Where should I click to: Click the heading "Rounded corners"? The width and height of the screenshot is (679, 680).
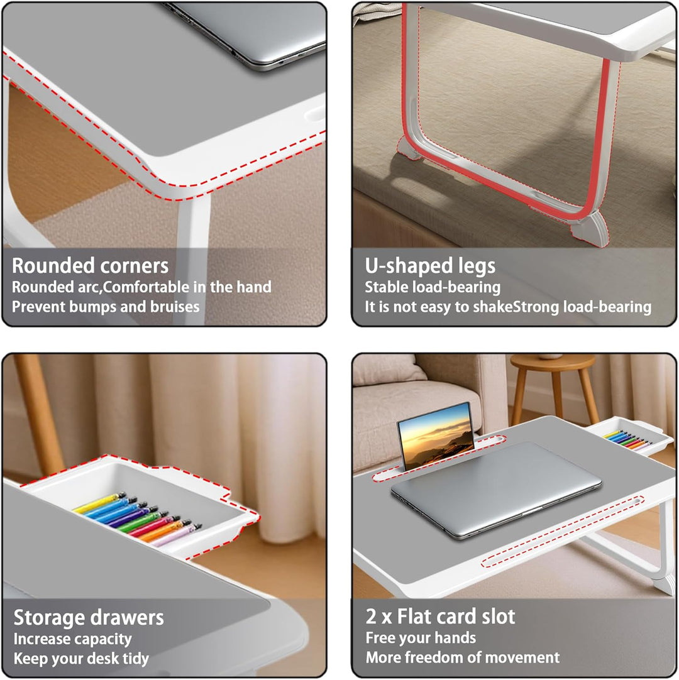tap(90, 265)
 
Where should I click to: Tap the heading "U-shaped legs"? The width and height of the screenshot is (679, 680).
tap(429, 266)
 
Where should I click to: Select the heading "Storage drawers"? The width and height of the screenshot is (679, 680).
tap(89, 617)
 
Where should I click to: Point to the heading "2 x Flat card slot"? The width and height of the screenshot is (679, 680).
tap(440, 617)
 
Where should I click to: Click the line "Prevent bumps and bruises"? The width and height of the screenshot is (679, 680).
tap(106, 307)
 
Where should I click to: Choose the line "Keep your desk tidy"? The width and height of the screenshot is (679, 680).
tap(81, 658)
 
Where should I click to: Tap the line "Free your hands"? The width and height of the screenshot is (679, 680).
tap(421, 637)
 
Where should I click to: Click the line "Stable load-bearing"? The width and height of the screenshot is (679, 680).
tap(432, 287)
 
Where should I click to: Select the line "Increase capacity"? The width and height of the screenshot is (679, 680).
tap(72, 639)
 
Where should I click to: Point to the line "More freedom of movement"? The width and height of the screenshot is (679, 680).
tap(463, 657)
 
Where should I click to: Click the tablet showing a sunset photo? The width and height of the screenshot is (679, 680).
tap(436, 436)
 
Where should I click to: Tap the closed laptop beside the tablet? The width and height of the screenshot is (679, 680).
tap(496, 490)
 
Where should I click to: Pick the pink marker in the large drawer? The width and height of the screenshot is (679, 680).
tap(176, 536)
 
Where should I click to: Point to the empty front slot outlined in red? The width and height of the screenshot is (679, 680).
tap(563, 532)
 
